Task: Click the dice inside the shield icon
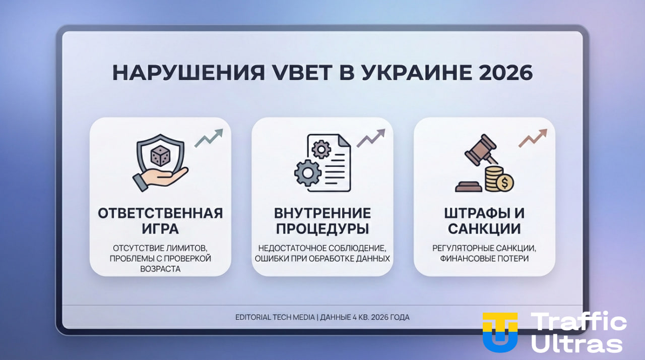(x=160, y=156)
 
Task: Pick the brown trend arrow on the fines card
(x=533, y=138)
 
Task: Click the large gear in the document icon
(x=307, y=173)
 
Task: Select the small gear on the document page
(x=321, y=149)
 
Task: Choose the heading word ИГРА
(x=160, y=228)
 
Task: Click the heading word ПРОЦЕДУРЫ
(x=322, y=228)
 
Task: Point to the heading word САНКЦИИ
(x=484, y=228)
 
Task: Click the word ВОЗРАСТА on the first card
(x=160, y=269)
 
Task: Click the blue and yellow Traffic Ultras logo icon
(x=500, y=332)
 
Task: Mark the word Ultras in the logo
(x=577, y=344)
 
